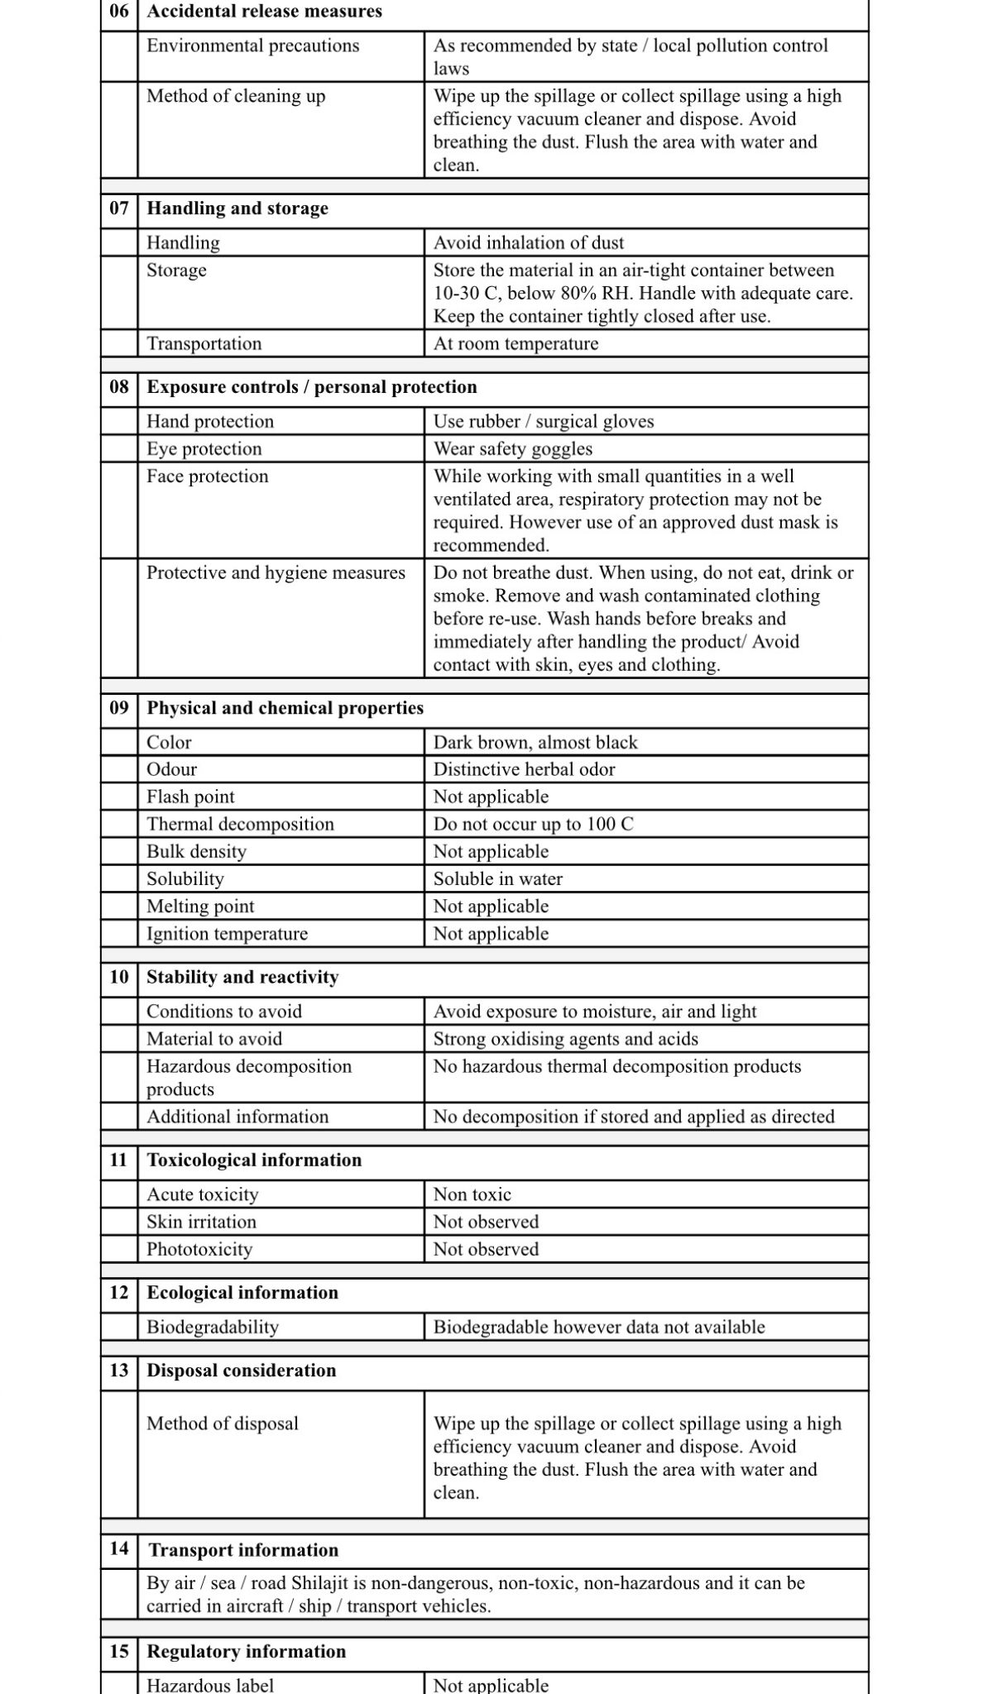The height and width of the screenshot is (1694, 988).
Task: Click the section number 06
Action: [119, 12]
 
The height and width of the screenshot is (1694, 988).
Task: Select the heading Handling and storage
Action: [237, 208]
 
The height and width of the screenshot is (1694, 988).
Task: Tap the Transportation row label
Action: [204, 344]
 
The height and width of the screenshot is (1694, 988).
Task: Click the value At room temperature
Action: [516, 344]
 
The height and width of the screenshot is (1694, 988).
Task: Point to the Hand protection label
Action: [210, 422]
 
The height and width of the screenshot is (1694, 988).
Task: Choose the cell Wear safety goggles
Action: [513, 449]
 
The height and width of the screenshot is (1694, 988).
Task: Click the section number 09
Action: [119, 708]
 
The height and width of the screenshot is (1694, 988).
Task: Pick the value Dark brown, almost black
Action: [535, 743]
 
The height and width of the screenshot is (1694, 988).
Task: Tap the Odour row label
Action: [171, 769]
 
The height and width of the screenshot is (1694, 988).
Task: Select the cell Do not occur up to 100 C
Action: [533, 824]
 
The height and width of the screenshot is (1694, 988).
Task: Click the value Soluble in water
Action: [497, 878]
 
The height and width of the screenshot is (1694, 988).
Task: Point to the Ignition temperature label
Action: [227, 934]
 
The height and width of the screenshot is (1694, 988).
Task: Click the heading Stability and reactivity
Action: [242, 977]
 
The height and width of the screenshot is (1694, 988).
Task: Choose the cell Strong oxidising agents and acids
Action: [565, 1039]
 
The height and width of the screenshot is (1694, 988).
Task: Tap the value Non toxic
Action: [472, 1194]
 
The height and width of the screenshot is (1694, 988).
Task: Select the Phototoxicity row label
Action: [199, 1249]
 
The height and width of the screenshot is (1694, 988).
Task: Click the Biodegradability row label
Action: [213, 1327]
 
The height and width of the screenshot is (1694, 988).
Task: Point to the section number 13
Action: [119, 1370]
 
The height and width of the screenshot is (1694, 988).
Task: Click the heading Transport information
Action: [243, 1549]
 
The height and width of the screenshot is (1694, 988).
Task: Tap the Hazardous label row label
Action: [210, 1685]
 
